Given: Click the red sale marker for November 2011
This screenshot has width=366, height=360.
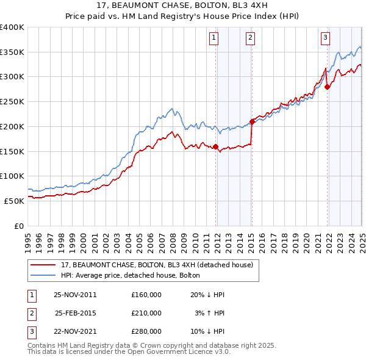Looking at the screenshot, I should (216, 146).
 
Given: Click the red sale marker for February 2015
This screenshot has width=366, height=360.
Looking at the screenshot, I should (252, 121).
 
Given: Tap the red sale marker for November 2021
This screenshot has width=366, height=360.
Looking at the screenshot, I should (328, 87).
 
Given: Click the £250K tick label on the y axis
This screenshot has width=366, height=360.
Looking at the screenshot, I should (12, 101).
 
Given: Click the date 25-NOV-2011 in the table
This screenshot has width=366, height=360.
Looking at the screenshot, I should (76, 295).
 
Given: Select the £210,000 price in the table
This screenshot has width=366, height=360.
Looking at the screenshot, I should (146, 313).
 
